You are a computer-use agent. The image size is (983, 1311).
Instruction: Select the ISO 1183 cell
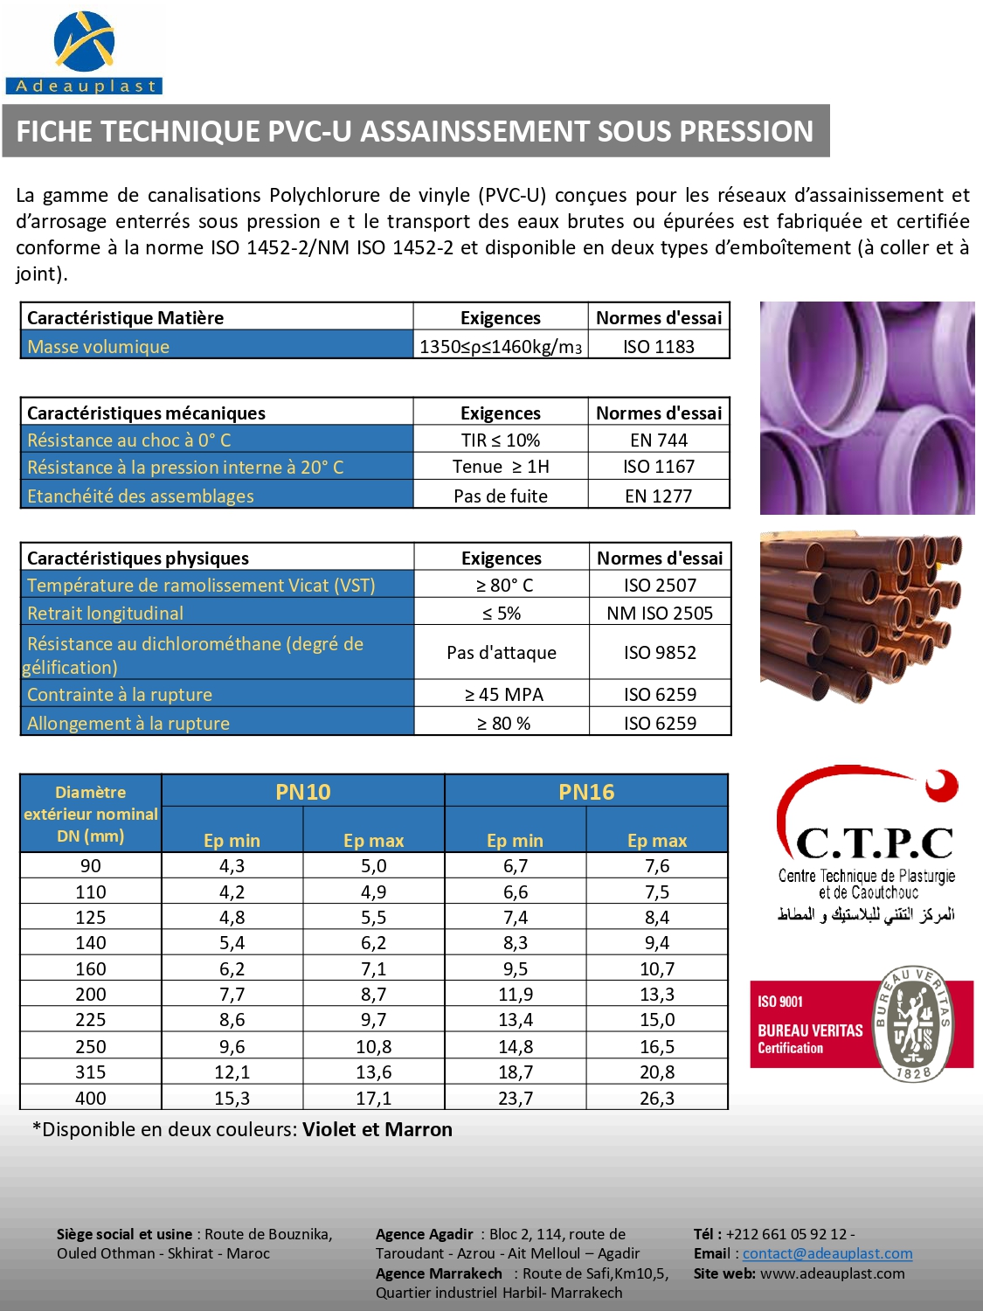click(x=658, y=347)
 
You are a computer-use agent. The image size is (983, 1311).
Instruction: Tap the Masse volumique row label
click(x=99, y=347)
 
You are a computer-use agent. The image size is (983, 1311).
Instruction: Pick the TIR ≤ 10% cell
click(x=501, y=440)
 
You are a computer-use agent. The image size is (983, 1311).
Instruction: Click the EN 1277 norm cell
click(x=658, y=496)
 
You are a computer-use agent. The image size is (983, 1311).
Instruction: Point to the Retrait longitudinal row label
click(x=106, y=614)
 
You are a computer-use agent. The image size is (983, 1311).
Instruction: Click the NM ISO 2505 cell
click(x=660, y=614)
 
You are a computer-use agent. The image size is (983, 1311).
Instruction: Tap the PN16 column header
click(x=586, y=792)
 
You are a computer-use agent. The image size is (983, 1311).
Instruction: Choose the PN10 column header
click(x=302, y=792)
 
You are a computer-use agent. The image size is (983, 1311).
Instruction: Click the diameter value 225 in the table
click(x=91, y=1020)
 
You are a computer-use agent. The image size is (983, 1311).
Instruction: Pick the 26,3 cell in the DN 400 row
click(x=657, y=1099)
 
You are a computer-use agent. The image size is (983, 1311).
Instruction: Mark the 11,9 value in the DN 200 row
click(x=516, y=995)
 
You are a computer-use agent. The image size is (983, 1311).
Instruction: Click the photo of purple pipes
click(x=867, y=408)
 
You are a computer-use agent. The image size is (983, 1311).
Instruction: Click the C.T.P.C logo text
click(x=874, y=843)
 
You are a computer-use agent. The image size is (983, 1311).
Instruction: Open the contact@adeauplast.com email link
click(x=827, y=1253)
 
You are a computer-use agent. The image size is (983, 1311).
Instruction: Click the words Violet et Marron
click(x=377, y=1129)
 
